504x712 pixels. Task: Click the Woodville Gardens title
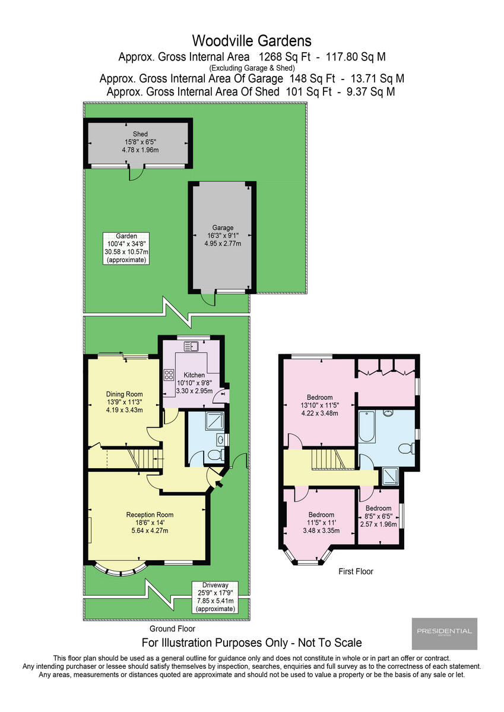252,41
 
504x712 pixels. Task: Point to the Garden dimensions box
126,248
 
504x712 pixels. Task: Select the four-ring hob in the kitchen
169,374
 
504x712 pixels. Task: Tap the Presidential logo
444,632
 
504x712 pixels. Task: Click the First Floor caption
356,571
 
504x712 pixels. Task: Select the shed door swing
137,173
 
